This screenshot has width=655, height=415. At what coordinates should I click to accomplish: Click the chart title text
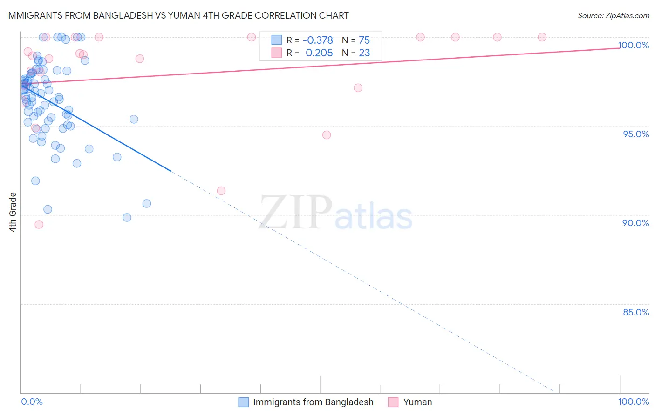177,15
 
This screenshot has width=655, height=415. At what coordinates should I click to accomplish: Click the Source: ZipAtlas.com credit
613,15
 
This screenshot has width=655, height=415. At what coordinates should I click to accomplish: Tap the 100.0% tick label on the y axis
634,45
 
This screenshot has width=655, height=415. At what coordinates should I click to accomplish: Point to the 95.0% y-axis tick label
636,134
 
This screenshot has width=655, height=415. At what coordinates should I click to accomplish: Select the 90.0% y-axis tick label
636,223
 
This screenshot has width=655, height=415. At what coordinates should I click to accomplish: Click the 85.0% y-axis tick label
636,312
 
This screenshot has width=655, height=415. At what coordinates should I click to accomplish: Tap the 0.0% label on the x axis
32,402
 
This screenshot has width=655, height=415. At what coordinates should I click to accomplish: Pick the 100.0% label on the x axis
634,402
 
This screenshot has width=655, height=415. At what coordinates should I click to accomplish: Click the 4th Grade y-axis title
13,212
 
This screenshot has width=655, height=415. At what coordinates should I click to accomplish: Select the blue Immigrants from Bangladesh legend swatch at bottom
243,402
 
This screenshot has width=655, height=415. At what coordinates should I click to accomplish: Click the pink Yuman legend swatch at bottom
393,402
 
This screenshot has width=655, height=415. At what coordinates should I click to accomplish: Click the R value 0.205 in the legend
319,53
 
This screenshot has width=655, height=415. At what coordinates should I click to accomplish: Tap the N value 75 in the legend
364,40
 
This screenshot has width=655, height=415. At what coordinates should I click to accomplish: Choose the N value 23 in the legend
364,53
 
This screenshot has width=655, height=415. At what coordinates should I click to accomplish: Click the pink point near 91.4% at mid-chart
221,191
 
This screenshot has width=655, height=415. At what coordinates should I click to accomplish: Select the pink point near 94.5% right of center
327,135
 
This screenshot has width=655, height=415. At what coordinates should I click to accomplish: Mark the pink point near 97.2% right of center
358,88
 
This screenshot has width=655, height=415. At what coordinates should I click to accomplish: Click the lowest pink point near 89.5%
39,224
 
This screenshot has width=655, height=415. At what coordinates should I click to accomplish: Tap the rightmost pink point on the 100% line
542,37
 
